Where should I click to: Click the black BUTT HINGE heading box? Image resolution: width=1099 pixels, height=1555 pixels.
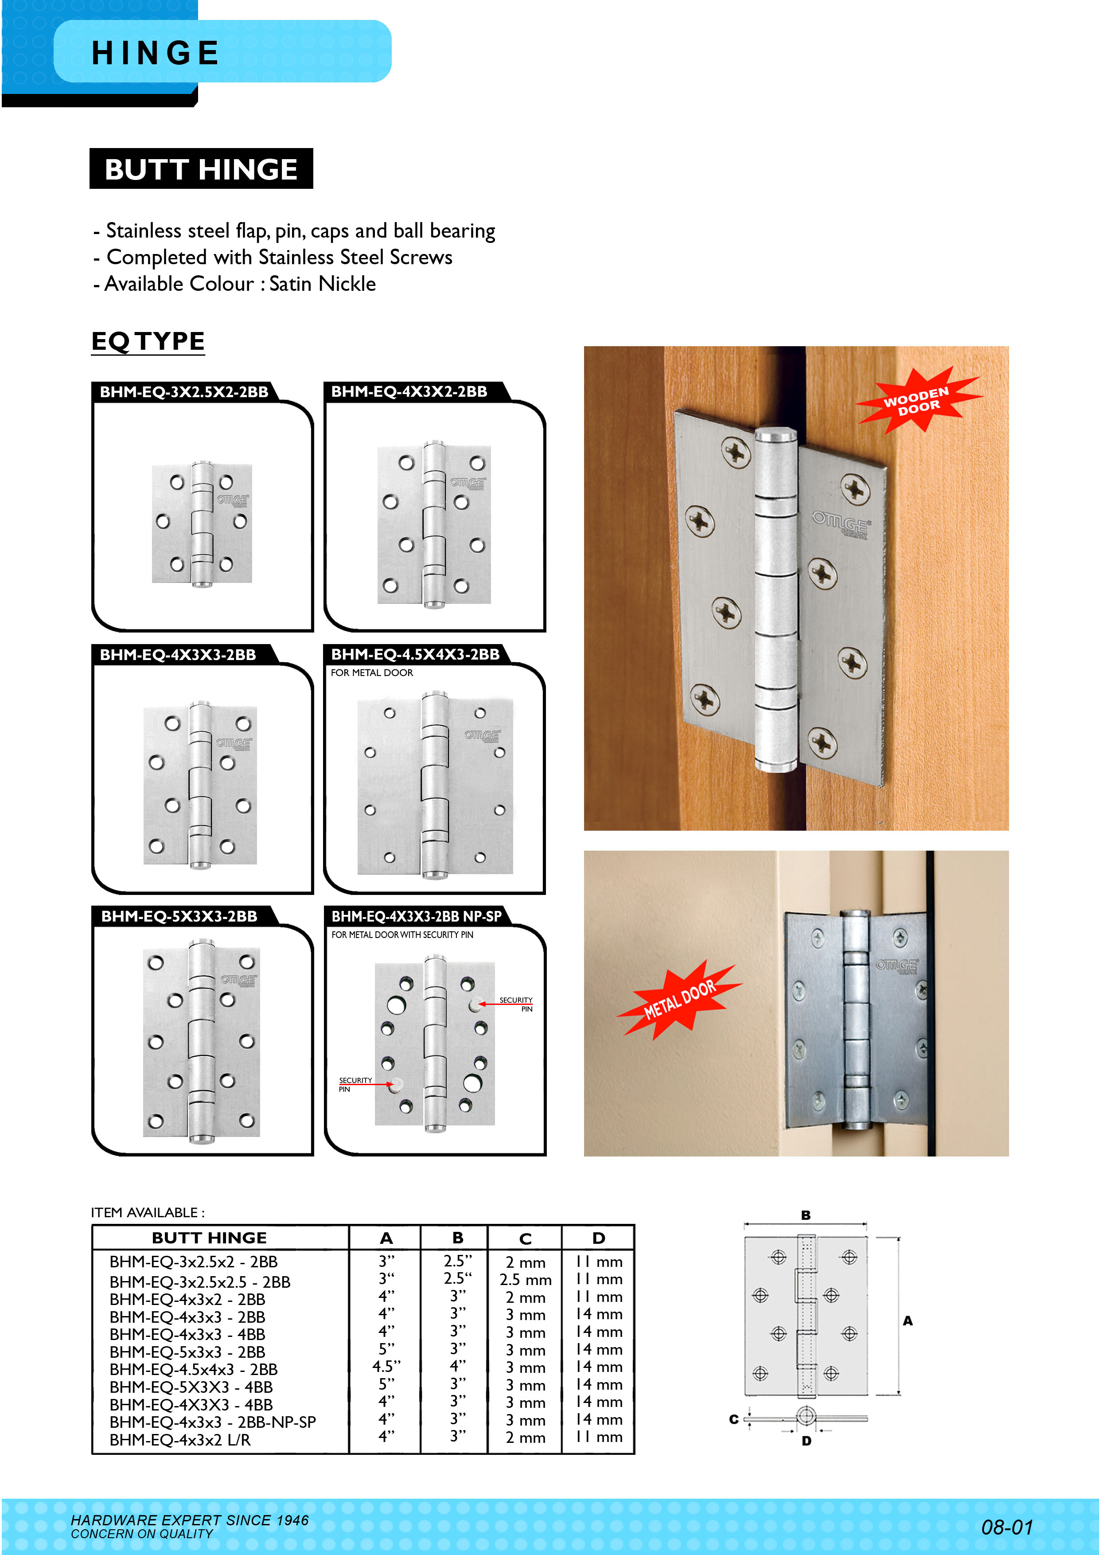coord(201,168)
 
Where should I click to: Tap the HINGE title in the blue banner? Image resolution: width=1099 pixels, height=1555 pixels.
coord(156,53)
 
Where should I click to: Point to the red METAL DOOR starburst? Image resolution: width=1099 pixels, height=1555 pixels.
coord(679,1000)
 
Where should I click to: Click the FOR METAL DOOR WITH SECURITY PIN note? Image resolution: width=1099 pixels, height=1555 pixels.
coord(402,934)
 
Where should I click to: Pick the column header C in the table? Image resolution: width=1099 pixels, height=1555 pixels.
coord(525,1239)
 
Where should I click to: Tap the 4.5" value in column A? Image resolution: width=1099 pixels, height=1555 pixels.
coord(386,1367)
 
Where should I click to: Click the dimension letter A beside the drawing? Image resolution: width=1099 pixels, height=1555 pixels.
coord(908,1321)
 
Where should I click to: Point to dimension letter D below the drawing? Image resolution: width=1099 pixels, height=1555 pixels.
coord(806,1441)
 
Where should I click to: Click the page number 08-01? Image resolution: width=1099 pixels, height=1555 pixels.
coord(1007,1527)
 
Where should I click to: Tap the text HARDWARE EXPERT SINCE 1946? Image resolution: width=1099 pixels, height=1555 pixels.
coord(190,1520)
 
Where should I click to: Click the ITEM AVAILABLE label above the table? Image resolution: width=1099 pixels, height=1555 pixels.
coord(148,1212)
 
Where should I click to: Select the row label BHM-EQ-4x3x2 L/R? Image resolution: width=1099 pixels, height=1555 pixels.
coord(179,1440)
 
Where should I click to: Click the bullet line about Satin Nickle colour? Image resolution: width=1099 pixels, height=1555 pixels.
coord(234,284)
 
